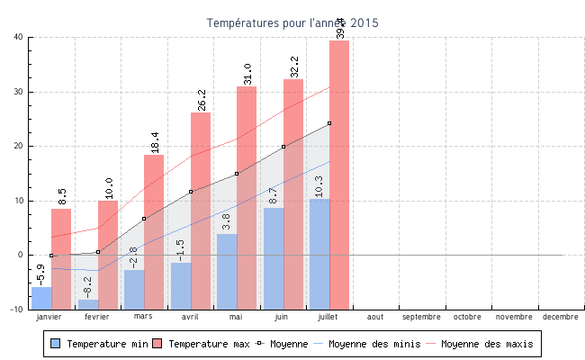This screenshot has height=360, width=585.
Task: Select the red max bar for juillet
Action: coord(339,171)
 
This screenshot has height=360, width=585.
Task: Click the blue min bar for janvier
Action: coord(41,297)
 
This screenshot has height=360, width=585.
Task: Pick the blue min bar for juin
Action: coord(274,256)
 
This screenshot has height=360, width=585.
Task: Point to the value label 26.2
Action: coord(201,99)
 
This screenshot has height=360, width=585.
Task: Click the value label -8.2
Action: coord(88,286)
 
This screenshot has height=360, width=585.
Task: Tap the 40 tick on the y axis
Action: coord(18,37)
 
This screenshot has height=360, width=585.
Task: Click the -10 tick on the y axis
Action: coord(16,309)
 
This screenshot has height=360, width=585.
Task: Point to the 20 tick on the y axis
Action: coord(18,146)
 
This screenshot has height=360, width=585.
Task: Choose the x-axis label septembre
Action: coord(421,317)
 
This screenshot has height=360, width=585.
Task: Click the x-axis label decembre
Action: coord(561,317)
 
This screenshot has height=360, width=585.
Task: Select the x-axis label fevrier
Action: coord(97,317)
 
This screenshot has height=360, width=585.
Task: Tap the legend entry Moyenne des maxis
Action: coord(486,344)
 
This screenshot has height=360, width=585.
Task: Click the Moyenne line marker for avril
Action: coord(191,192)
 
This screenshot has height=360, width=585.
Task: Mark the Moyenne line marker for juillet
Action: coord(329,123)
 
